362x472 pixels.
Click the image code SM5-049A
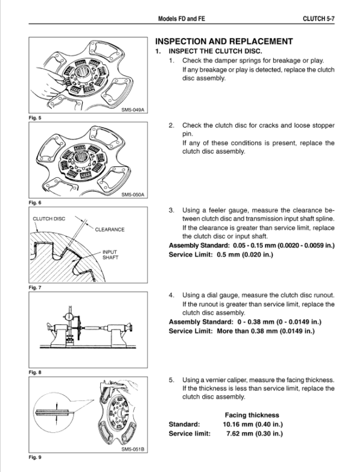tap(133, 110)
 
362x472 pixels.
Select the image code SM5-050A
tap(133, 194)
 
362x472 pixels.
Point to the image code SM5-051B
tap(133, 450)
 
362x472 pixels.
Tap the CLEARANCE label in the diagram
tap(109, 230)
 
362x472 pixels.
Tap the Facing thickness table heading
tap(252, 415)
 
